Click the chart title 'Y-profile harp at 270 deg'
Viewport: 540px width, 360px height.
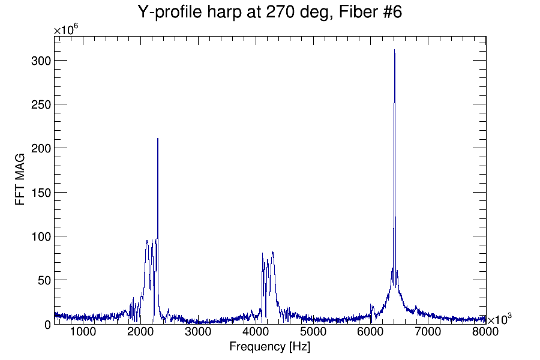click(269, 12)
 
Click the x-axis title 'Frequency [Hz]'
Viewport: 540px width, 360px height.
click(269, 347)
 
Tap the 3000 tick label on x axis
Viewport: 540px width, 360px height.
click(198, 332)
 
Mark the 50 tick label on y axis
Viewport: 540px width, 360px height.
click(43, 280)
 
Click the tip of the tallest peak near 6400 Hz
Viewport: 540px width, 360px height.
click(394, 50)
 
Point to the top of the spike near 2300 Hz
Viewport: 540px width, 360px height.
click(158, 139)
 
